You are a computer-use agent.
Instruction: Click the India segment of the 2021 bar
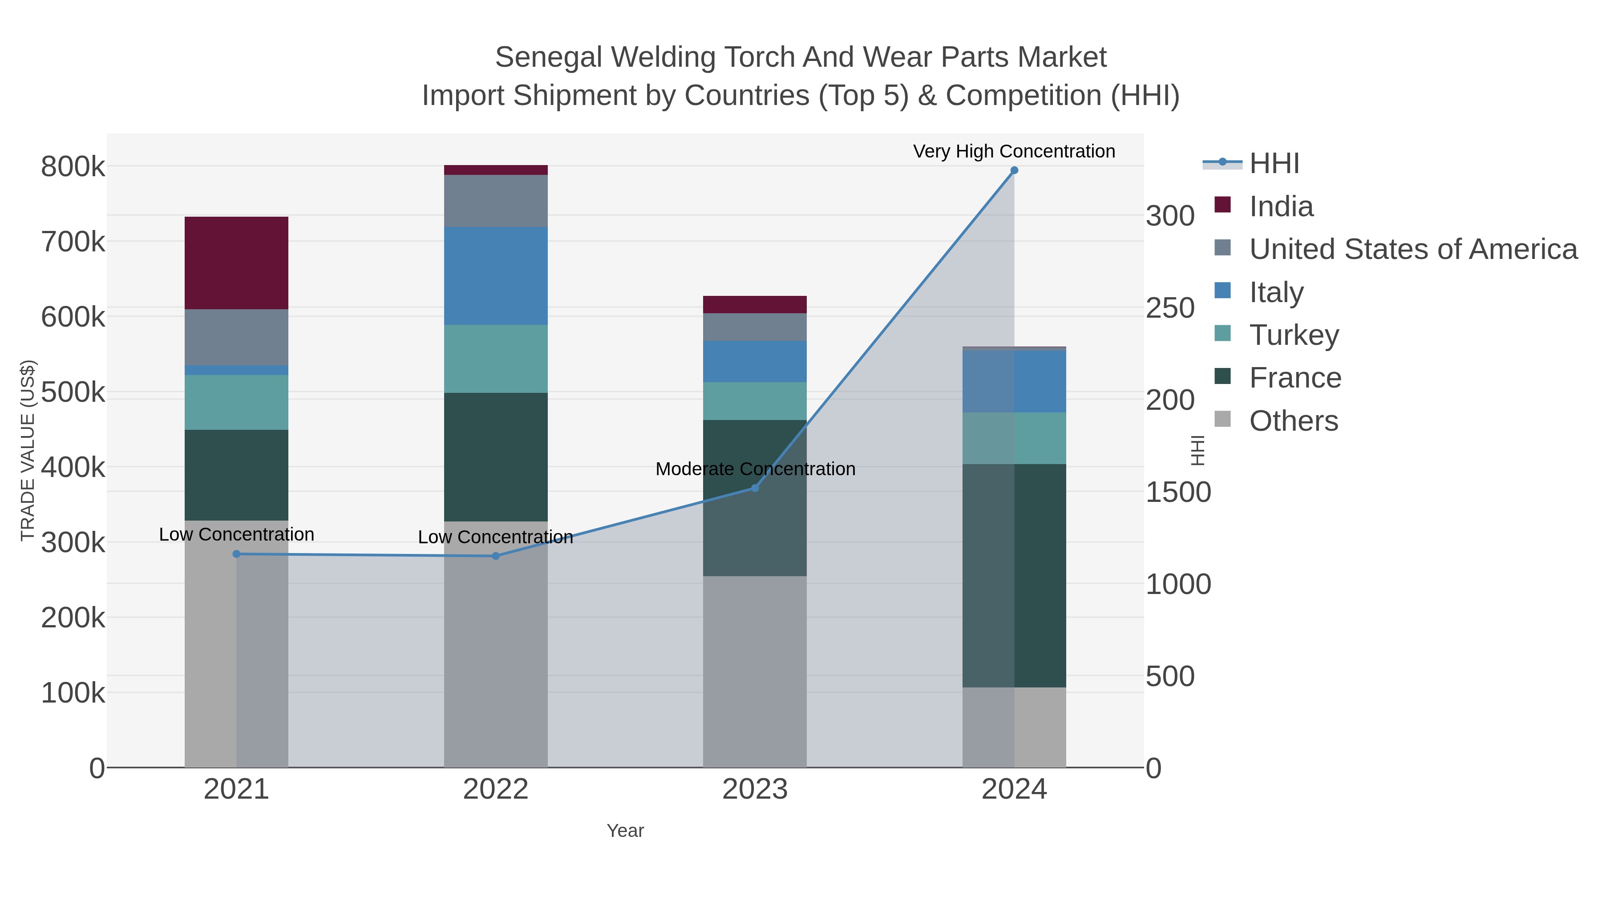tap(236, 263)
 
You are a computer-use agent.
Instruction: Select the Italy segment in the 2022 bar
tap(496, 275)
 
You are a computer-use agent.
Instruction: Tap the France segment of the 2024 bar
tap(1014, 575)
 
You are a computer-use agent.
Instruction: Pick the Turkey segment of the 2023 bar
tap(754, 400)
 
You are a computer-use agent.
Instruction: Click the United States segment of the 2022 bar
tap(496, 200)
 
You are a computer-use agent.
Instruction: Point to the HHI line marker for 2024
tap(1014, 170)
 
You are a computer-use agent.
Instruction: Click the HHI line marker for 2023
tap(755, 488)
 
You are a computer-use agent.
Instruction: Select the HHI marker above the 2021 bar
tap(236, 554)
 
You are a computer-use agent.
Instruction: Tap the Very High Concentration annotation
tap(1014, 151)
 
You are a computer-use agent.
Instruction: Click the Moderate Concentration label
tap(755, 469)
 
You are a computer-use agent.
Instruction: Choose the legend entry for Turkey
tap(1294, 335)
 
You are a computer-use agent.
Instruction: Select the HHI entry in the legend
tap(1274, 164)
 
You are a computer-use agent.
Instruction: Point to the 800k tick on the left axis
tap(73, 167)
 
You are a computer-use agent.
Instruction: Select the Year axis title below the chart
tap(625, 831)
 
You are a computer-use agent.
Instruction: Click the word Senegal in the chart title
tap(549, 57)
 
